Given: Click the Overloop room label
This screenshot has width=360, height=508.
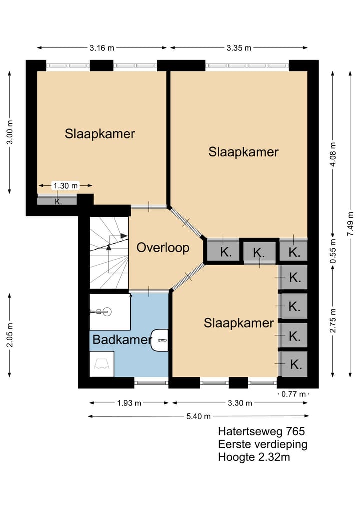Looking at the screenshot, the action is coord(163,248).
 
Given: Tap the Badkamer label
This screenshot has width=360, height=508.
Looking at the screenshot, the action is coord(122,340).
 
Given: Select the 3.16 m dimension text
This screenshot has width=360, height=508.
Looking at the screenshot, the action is coord(102,48).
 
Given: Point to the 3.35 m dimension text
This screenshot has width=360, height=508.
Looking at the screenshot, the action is coord(239,48).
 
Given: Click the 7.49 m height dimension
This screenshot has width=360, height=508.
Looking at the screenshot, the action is coord(350,224).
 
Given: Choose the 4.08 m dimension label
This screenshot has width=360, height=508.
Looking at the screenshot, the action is coord(333,154).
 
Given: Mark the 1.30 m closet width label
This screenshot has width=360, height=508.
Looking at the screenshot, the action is coord(66,186).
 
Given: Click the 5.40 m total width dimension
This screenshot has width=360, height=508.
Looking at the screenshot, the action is coord(199,416).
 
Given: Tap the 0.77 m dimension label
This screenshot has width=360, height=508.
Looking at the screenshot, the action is coord(294,394).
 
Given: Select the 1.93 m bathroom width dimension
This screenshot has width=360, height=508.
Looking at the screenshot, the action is coord(129,403).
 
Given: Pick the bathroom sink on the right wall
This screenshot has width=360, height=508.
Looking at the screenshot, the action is coord(159,340).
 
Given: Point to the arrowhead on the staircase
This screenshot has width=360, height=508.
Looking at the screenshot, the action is coord(124,236).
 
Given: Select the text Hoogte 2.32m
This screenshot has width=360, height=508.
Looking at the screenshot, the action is coord(254,457).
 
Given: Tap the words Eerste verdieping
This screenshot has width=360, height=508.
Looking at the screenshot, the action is coord(262,444).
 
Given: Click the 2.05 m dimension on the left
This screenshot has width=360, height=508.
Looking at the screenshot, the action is coord(10,335).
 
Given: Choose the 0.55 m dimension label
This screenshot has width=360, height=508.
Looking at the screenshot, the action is coord(333,252).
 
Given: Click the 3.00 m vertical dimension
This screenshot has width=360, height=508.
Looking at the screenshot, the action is coord(10,132).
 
